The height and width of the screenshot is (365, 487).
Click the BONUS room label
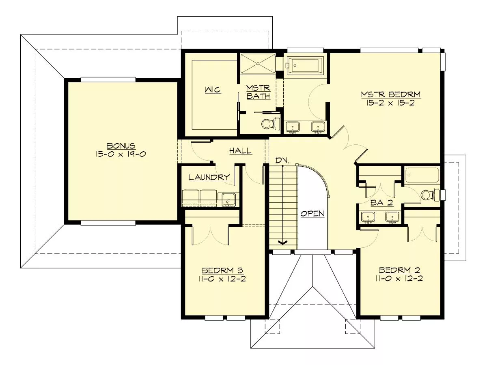(x=121, y=146)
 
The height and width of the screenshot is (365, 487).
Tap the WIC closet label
(x=213, y=90)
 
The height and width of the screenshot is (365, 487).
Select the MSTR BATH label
(x=258, y=92)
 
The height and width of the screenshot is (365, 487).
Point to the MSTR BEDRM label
(x=390, y=94)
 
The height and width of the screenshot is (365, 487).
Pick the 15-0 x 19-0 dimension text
(x=121, y=154)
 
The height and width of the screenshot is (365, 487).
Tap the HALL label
(x=241, y=151)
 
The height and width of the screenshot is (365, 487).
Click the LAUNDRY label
(x=209, y=177)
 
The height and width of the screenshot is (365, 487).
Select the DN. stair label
(x=282, y=161)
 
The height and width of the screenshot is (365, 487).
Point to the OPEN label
(x=312, y=214)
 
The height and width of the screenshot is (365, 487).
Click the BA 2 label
(x=381, y=202)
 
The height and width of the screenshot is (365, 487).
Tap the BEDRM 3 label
(x=222, y=271)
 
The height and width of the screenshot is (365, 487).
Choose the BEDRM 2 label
(x=399, y=270)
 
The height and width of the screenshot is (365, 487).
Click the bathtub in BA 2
(x=422, y=175)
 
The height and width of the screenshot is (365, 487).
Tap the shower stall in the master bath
(x=258, y=64)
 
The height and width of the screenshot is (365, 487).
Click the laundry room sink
(x=228, y=200)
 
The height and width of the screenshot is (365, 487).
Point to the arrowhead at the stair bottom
(x=282, y=243)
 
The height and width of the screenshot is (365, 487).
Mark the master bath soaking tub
(x=306, y=66)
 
